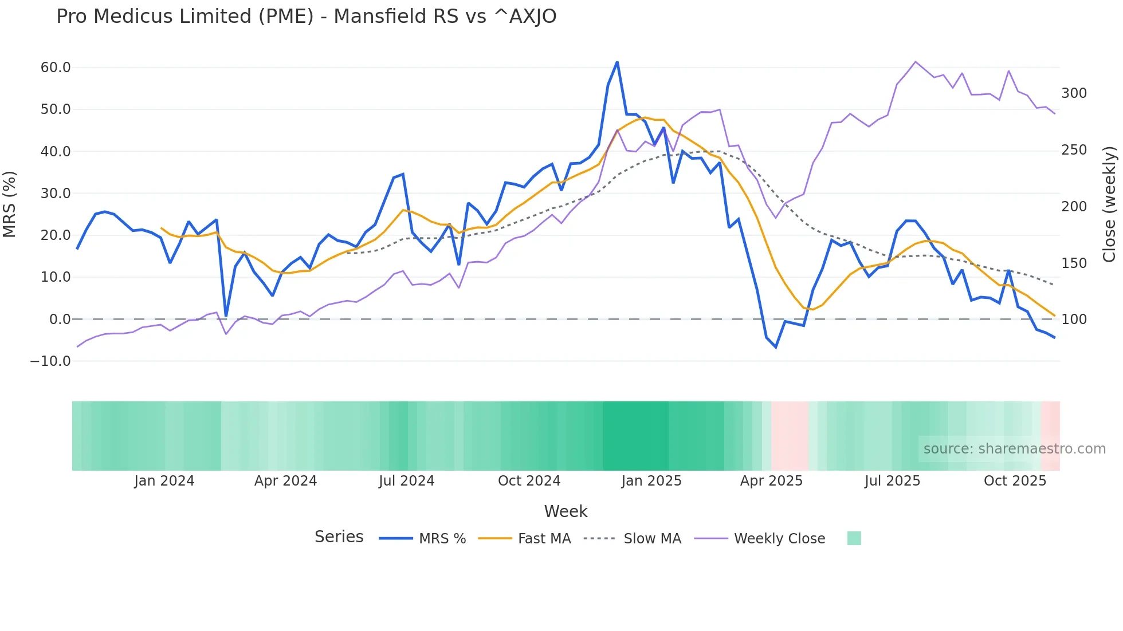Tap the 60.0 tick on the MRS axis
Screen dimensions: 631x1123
coord(56,68)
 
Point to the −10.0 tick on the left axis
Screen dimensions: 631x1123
coord(50,361)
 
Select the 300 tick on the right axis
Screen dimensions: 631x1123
coord(1074,93)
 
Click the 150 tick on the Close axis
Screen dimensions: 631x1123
coord(1074,263)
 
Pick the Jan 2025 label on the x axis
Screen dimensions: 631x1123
coord(651,481)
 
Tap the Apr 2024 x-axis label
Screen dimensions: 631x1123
coord(285,481)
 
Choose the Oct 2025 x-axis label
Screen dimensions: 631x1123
coord(1015,481)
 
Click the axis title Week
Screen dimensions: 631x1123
coord(566,511)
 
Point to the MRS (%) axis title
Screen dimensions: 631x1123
coord(10,204)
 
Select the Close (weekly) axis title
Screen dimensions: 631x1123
coord(1109,204)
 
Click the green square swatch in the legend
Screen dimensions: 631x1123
coord(854,538)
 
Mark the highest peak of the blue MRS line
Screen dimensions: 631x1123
coord(617,62)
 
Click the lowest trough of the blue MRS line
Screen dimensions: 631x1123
coord(776,347)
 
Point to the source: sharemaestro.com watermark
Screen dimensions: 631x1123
coord(1014,449)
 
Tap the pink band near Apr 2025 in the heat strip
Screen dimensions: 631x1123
coord(790,436)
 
